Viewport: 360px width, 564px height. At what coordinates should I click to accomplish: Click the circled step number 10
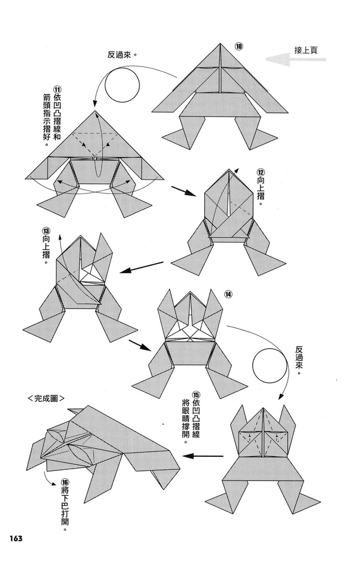pyautogui.click(x=239, y=46)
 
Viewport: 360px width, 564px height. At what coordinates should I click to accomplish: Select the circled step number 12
pyautogui.click(x=260, y=172)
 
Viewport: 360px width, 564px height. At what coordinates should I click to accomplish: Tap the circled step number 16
pyautogui.click(x=64, y=483)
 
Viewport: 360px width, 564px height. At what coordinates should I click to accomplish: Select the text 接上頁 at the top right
pyautogui.click(x=306, y=50)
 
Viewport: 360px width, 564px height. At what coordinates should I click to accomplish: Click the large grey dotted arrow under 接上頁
pyautogui.click(x=296, y=59)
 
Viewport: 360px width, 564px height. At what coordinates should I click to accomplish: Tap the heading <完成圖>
pyautogui.click(x=46, y=399)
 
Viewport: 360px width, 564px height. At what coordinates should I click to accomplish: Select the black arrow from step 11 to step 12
pyautogui.click(x=183, y=191)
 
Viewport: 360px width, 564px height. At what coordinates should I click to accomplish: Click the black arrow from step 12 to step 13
pyautogui.click(x=142, y=267)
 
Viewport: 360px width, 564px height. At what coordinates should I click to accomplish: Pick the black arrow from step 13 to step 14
pyautogui.click(x=140, y=345)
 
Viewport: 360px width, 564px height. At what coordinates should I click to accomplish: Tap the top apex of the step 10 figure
pyautogui.click(x=220, y=43)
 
